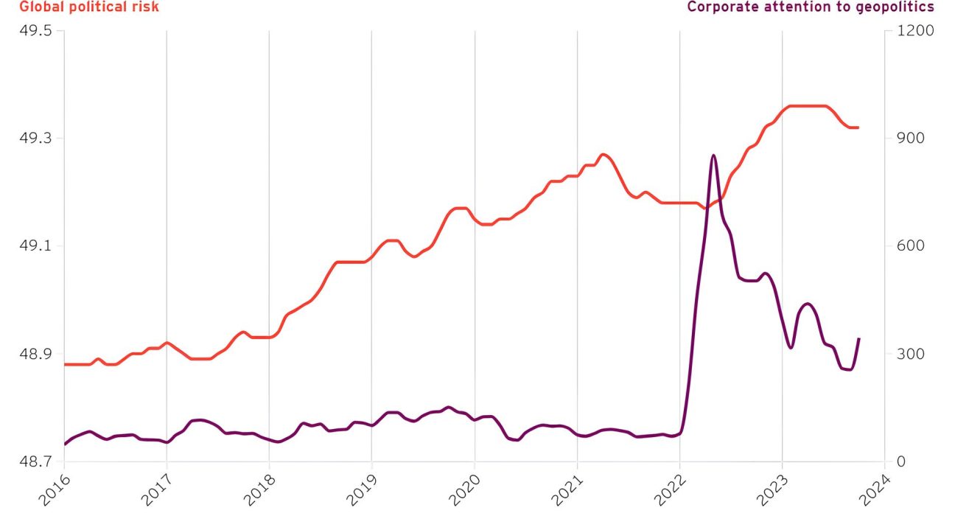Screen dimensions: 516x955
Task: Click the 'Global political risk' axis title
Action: coord(79,7)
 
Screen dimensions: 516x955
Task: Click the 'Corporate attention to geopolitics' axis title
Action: coord(810,7)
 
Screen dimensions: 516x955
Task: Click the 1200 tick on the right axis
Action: coord(913,31)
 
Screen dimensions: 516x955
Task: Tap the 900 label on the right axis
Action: coord(909,139)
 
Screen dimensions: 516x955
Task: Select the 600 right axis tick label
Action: coord(909,246)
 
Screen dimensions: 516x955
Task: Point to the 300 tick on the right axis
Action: coord(909,354)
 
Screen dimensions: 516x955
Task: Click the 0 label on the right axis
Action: coord(900,461)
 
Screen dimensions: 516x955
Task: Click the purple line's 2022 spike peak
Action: coord(713,156)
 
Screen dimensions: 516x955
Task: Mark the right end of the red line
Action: coord(858,128)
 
